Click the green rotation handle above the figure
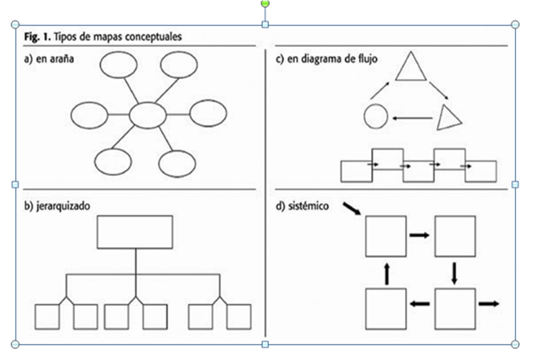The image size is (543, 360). tap(265, 4)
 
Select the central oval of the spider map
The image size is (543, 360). tap(148, 115)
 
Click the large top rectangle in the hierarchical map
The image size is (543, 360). tap(135, 231)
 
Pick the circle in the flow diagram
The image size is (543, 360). tap(376, 117)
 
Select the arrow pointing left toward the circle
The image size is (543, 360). tap(412, 118)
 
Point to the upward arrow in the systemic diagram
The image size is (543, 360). tap(387, 274)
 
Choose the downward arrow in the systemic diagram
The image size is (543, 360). tap(455, 273)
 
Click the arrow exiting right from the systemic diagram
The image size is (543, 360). tap(488, 304)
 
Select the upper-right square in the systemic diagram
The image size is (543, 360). tap(455, 236)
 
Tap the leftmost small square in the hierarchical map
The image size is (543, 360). tap(47, 317)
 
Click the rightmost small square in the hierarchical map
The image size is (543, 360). tap(238, 317)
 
